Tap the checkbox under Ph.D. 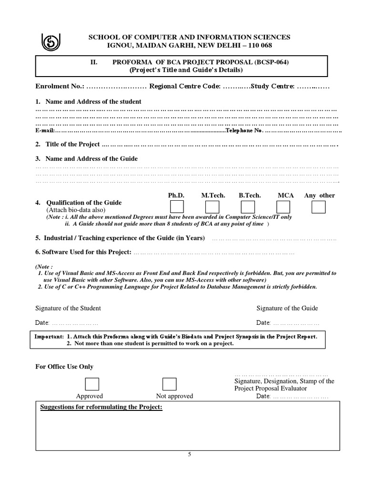(177, 207)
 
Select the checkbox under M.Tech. (212, 207)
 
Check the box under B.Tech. (248, 207)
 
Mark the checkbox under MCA (283, 207)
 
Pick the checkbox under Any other (318, 207)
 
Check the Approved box (92, 384)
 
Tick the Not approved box (169, 384)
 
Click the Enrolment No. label (60, 86)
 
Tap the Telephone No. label (244, 130)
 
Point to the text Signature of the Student (68, 308)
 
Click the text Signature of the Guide (287, 308)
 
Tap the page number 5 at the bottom (189, 454)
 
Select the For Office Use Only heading (64, 367)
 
